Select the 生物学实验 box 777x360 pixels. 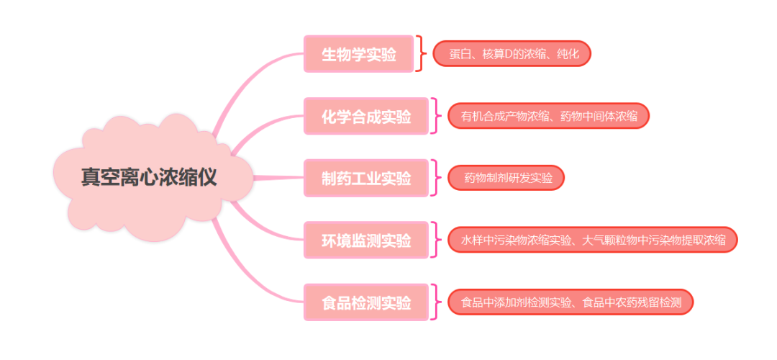(358, 54)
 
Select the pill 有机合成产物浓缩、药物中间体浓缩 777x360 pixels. (548, 116)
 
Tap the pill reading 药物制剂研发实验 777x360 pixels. (506, 178)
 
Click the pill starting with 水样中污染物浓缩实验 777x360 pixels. (593, 240)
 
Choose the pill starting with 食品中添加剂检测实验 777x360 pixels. (570, 302)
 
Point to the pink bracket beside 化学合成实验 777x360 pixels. (434, 116)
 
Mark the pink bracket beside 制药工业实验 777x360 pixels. (434, 178)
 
